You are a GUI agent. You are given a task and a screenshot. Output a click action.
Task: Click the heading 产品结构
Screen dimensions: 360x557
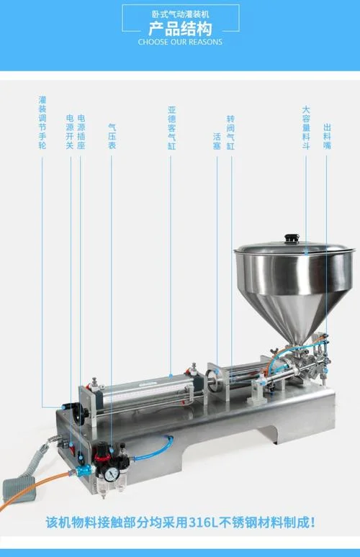tap(180, 29)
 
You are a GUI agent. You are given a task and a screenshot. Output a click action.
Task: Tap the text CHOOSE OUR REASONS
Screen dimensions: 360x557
tap(180, 42)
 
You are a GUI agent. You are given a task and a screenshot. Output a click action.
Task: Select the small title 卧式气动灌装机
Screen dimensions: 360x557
tap(180, 14)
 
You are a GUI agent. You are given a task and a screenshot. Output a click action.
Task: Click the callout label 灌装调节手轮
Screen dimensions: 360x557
tap(42, 122)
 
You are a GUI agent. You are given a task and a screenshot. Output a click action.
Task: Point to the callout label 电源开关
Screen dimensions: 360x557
tap(70, 132)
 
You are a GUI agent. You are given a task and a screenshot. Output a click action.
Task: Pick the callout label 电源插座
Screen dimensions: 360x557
tap(81, 132)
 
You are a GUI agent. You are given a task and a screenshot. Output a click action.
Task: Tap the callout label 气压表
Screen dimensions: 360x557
tap(112, 136)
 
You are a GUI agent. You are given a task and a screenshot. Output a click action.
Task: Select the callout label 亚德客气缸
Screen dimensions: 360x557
tap(172, 127)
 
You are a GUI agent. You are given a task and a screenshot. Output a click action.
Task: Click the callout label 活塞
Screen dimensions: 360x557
tap(217, 141)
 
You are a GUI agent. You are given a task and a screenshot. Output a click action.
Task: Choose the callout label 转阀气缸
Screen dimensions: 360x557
tap(230, 132)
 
